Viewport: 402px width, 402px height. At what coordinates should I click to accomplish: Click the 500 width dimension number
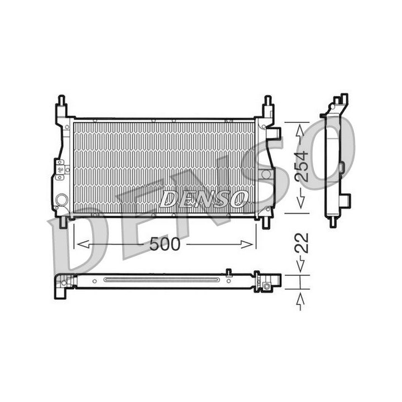165,245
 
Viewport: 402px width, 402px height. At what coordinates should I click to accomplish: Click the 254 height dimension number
301,166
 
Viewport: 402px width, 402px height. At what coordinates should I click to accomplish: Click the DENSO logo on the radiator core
203,198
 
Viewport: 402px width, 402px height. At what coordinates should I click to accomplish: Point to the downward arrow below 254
301,201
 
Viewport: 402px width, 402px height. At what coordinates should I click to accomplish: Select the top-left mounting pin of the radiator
61,102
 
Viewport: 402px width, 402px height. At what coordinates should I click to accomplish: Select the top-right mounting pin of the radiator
267,102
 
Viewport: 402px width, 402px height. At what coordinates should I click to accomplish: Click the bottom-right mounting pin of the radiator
266,222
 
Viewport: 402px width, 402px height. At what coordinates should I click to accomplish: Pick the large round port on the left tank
61,199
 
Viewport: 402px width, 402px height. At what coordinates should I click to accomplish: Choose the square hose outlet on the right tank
274,133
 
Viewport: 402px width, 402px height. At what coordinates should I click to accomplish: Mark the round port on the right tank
266,174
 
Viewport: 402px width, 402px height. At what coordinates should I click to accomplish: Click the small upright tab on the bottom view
228,272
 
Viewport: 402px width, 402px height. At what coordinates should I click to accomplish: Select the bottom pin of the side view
333,221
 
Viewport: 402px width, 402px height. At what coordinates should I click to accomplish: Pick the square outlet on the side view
346,199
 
